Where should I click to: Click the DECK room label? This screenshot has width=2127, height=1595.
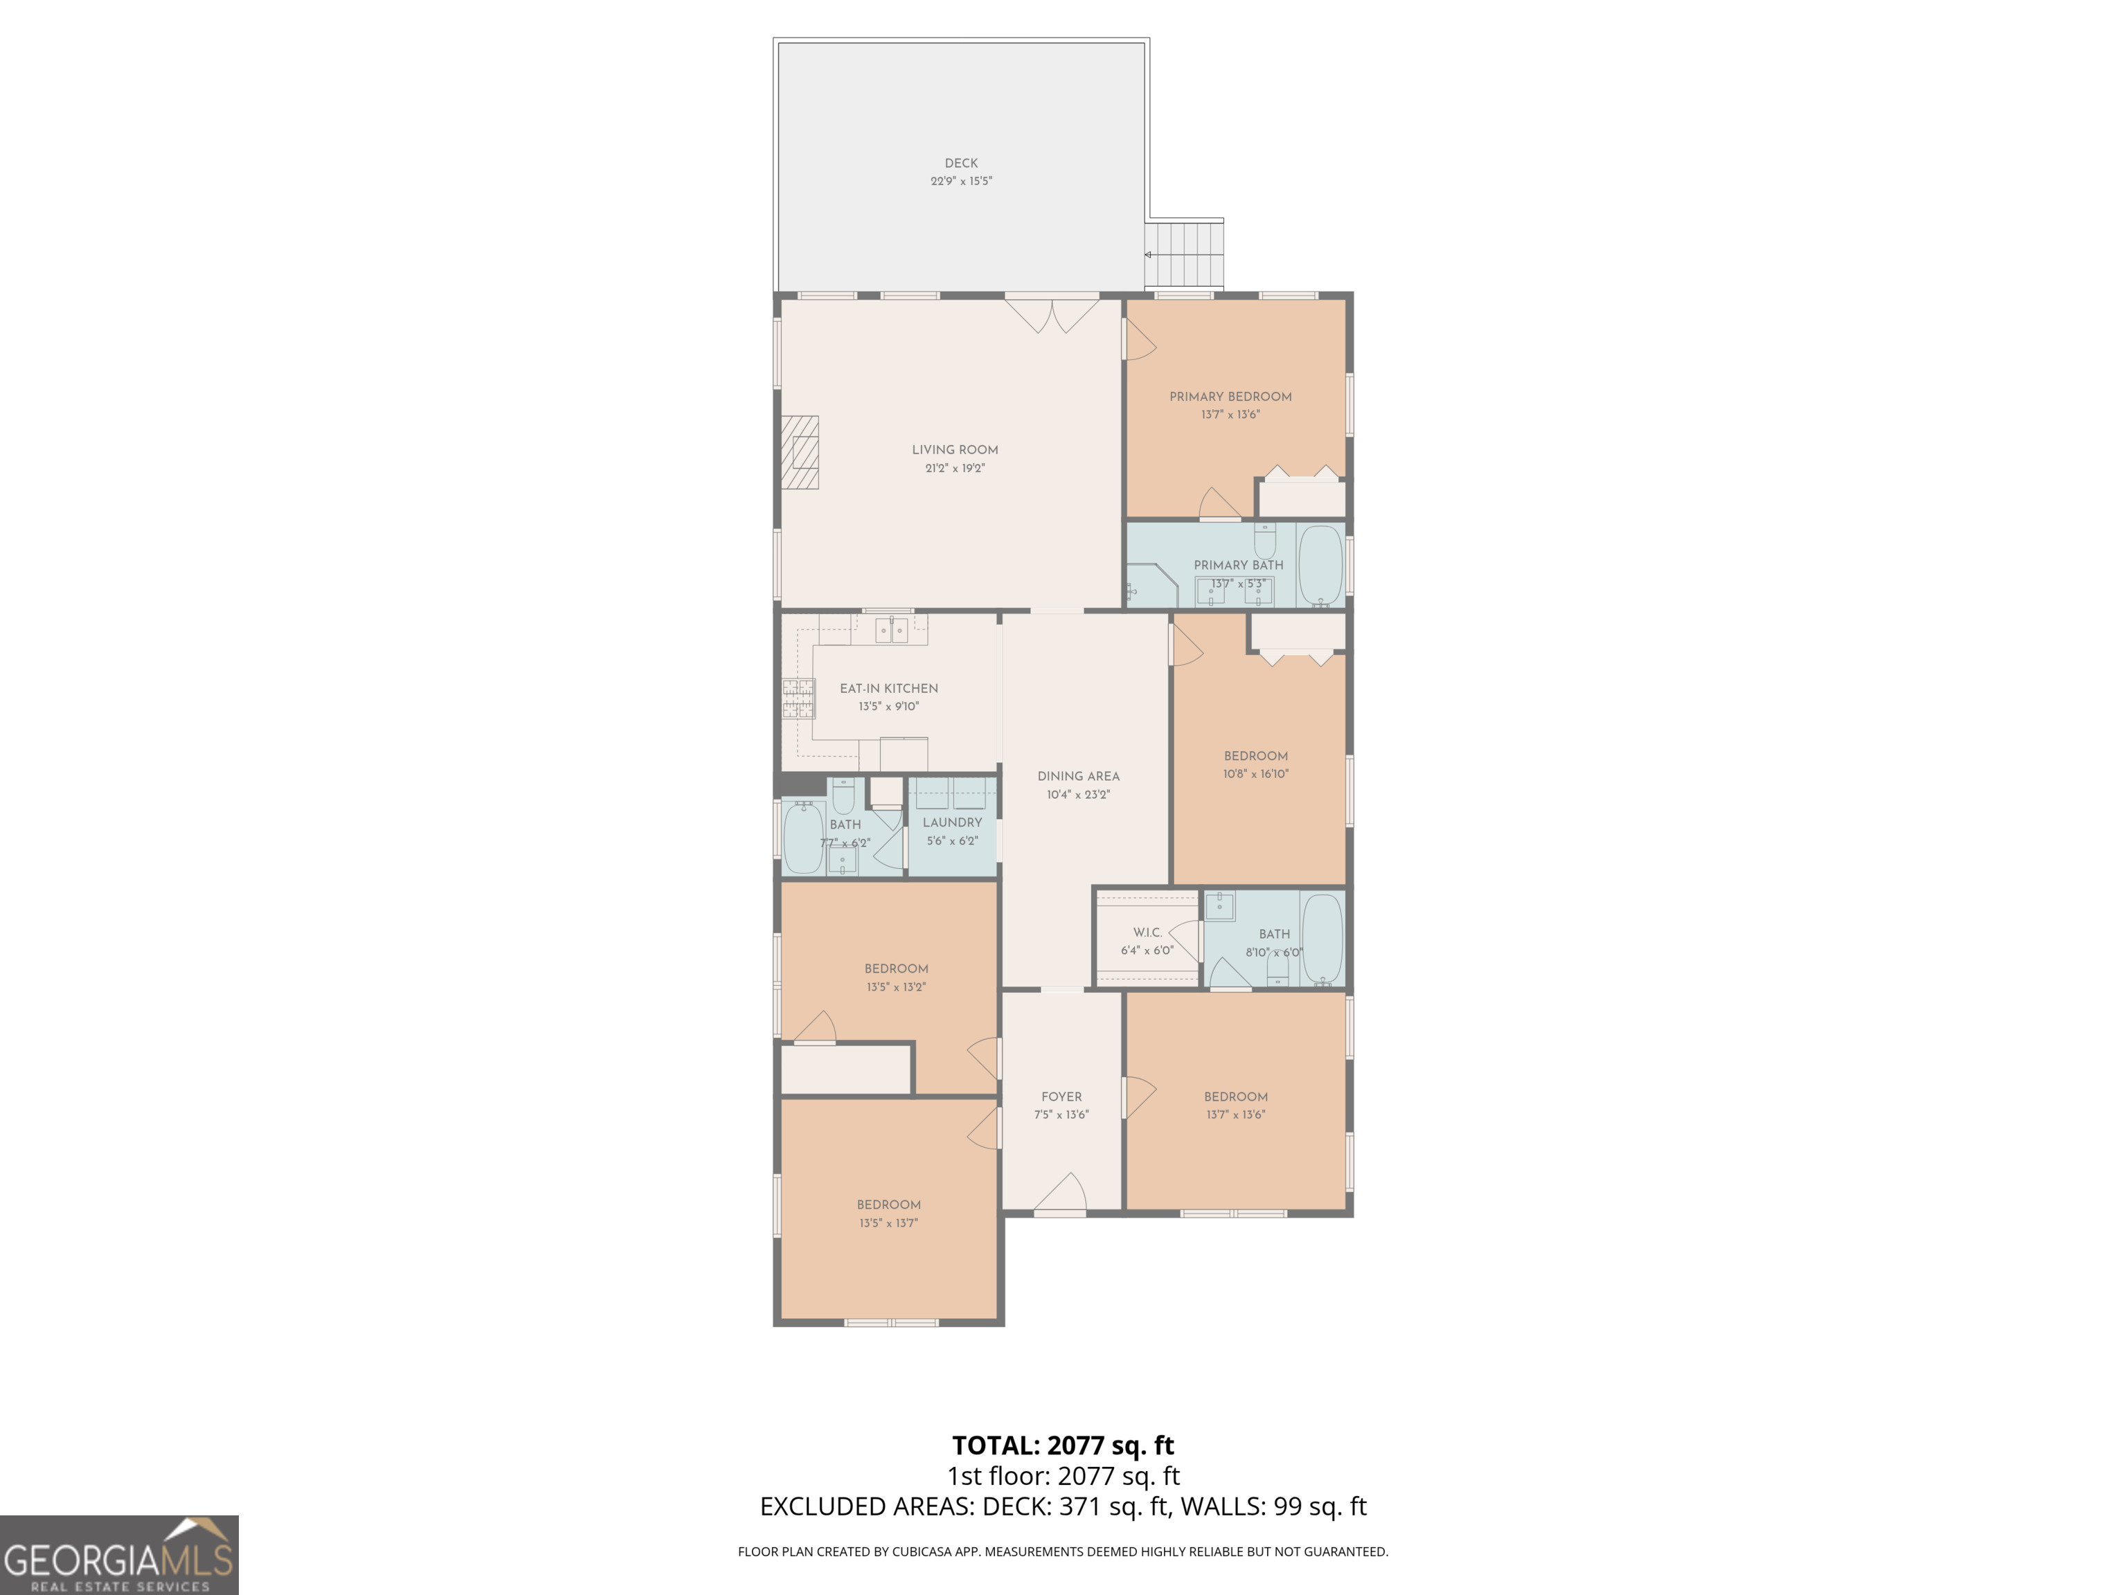[960, 163]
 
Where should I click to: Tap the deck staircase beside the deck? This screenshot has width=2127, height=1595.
[1185, 254]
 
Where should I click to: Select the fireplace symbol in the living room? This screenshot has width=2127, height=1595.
[799, 453]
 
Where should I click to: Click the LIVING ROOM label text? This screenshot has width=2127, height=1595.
[955, 450]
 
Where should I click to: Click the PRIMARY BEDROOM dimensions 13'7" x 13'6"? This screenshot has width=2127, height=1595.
[1230, 415]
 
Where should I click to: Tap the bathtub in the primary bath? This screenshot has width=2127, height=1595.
[1320, 564]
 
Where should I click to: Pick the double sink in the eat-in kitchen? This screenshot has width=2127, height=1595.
[891, 631]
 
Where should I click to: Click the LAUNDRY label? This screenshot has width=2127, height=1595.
[952, 823]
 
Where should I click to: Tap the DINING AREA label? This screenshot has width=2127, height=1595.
[1078, 777]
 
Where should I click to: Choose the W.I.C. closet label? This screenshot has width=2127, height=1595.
[1147, 932]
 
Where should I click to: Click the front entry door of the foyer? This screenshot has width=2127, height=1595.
[1061, 1195]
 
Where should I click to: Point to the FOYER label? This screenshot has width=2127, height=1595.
[1061, 1097]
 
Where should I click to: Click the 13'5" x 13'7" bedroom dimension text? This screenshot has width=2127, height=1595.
[888, 1223]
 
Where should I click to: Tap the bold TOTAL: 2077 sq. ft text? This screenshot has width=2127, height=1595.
[1063, 1445]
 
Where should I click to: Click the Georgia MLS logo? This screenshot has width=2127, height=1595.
[119, 1555]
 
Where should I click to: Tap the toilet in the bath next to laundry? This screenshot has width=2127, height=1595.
[843, 797]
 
